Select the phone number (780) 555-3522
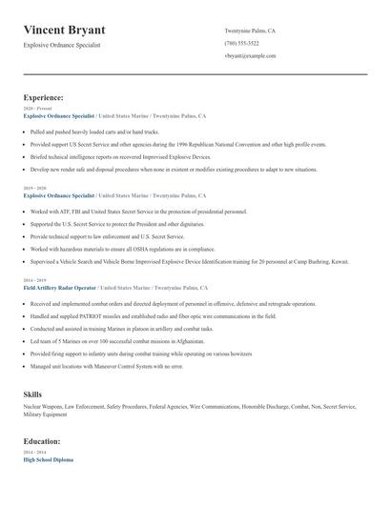(241, 43)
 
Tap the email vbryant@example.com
(250, 56)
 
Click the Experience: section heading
(43, 97)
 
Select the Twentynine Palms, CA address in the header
(250, 30)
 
